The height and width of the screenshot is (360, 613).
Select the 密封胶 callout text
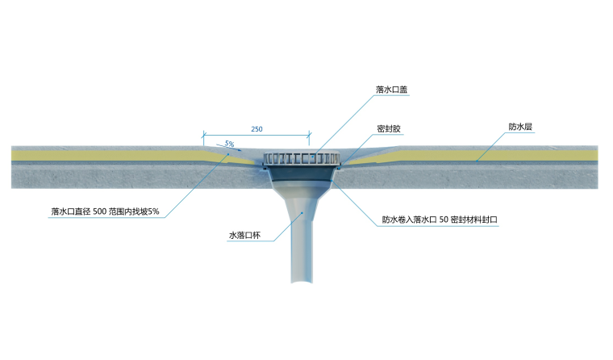(390, 129)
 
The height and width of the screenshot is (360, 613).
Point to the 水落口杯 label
(244, 237)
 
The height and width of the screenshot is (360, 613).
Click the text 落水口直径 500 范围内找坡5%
(106, 211)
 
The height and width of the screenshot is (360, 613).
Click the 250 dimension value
(256, 129)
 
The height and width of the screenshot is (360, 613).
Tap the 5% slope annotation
(230, 144)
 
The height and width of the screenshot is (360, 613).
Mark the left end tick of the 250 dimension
(203, 135)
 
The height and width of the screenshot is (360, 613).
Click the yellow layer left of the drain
(105, 153)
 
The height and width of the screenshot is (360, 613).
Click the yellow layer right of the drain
(500, 153)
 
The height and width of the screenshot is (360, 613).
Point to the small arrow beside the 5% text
(222, 147)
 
